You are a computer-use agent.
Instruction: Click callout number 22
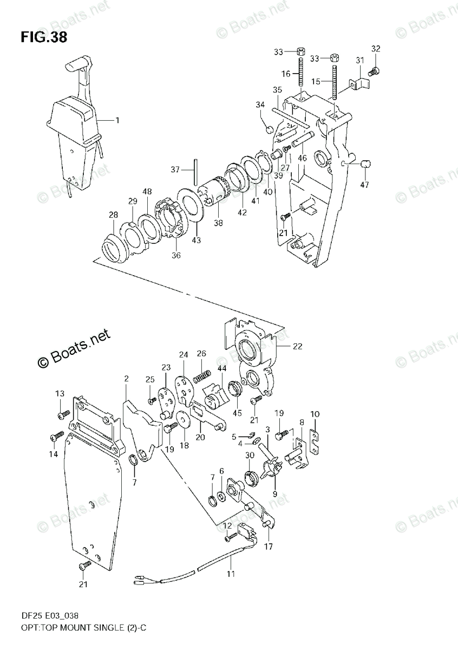(x=297, y=347)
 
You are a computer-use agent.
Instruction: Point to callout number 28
(x=113, y=215)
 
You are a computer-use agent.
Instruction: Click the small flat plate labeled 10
(x=315, y=436)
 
